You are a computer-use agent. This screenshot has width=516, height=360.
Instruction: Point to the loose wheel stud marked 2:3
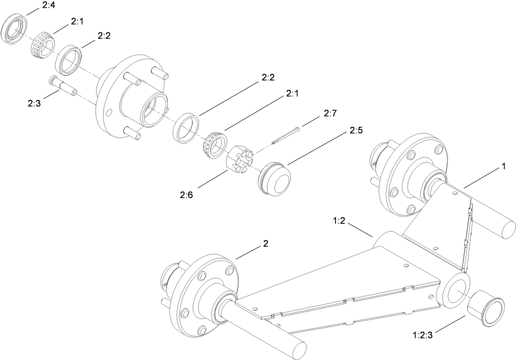point(62,86)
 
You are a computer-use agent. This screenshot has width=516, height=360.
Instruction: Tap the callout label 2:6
point(186,195)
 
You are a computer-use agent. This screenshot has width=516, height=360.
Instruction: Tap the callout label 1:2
point(340,221)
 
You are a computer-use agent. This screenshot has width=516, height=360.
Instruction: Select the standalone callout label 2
point(265,243)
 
